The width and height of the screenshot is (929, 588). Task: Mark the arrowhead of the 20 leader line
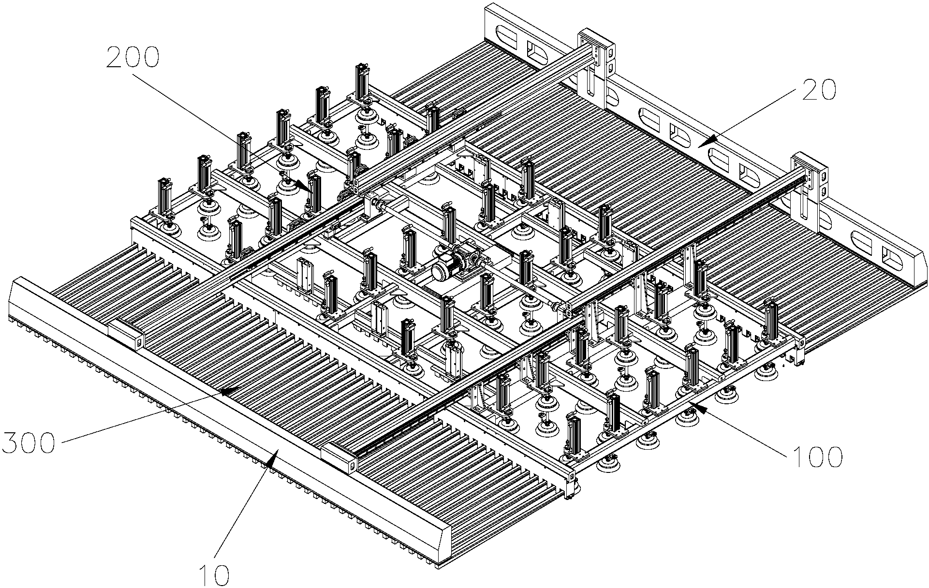coord(706,141)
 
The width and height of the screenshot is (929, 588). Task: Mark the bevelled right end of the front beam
coord(444,537)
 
